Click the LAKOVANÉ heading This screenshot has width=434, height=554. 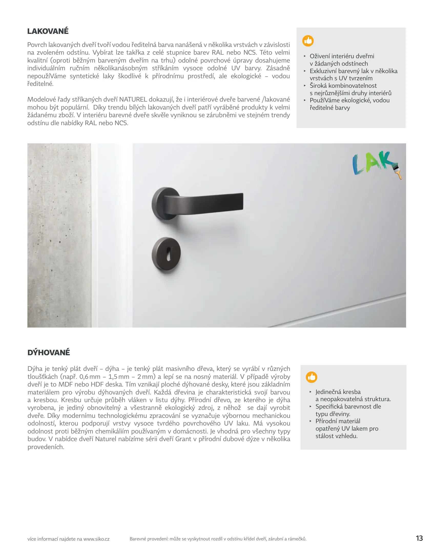pos(48,31)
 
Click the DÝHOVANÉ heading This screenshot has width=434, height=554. pos(49,352)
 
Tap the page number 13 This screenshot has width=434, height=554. pos(419,538)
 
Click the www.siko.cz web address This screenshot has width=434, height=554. pos(96,539)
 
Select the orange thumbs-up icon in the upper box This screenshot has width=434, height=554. pos(308,41)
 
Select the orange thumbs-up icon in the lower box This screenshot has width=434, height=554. pos(311,377)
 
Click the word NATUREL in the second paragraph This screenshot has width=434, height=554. pos(133,100)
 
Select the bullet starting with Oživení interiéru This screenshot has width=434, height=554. pos(342,56)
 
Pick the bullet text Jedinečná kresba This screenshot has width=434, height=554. pos(338,392)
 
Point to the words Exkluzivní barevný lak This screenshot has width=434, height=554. pos(339,71)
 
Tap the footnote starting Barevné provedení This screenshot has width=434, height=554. pos(218,539)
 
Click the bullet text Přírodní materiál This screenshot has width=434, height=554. pos(338,421)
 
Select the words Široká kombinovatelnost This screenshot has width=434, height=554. pos(343,86)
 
